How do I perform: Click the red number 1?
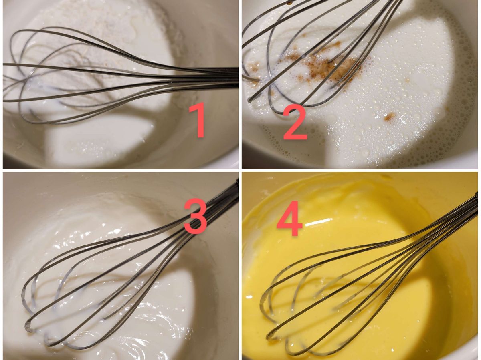[x=198, y=120]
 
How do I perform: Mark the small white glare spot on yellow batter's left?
[x=249, y=297]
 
